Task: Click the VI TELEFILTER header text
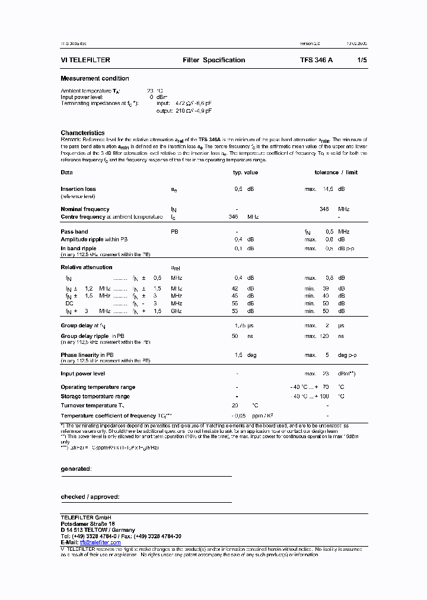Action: pos(85,60)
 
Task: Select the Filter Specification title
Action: pos(213,60)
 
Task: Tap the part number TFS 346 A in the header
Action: pos(316,60)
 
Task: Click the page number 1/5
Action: pos(362,60)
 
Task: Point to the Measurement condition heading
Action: pos(94,78)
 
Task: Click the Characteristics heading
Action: pos(82,133)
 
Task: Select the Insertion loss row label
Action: pos(78,189)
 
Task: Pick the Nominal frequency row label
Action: pos(85,209)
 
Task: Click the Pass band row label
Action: pos(74,231)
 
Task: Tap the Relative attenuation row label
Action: pos(86,267)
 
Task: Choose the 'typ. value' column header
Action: pos(245,173)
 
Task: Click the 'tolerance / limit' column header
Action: pos(336,173)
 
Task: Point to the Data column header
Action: pos(66,173)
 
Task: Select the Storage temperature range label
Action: pos(95,396)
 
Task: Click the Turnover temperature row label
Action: pos(92,406)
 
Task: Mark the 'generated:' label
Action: pos(76,469)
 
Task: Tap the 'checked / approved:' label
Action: pos(90,497)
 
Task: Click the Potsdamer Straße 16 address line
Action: pos(88,524)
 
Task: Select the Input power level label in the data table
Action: pos(82,374)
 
